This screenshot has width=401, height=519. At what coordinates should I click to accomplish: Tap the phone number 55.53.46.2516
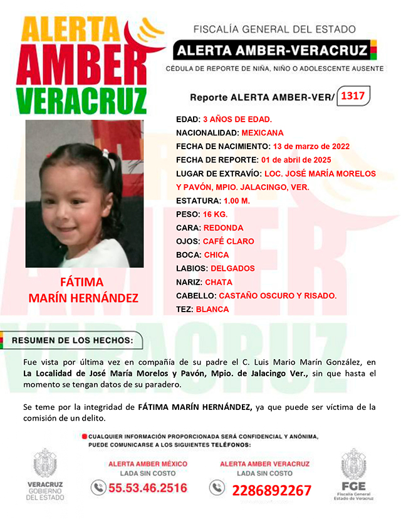pyautogui.click(x=148, y=488)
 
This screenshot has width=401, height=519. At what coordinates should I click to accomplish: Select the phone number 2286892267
pyautogui.click(x=271, y=490)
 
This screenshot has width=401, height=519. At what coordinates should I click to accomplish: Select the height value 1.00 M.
pyautogui.click(x=237, y=201)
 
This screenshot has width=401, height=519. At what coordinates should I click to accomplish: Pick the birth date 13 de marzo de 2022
pyautogui.click(x=311, y=146)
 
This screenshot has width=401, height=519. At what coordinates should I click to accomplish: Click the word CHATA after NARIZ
pyautogui.click(x=219, y=282)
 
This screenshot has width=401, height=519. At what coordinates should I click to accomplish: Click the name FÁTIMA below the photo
pyautogui.click(x=81, y=281)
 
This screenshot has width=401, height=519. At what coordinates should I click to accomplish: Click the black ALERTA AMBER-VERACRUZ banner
pyautogui.click(x=271, y=49)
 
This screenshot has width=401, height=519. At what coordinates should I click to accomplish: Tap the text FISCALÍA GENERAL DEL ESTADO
pyautogui.click(x=274, y=29)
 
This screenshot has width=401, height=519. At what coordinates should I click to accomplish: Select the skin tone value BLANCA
pyautogui.click(x=212, y=309)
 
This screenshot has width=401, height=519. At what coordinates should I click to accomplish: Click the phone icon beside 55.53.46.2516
pyautogui.click(x=98, y=487)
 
